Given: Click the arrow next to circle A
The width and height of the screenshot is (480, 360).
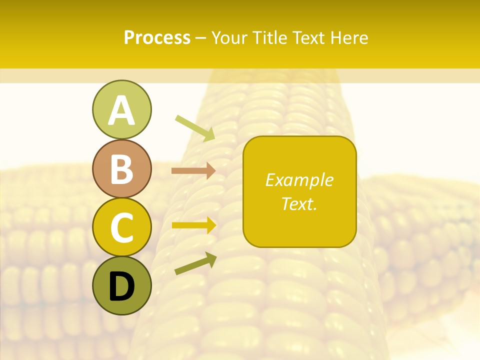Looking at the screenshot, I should click(x=195, y=128).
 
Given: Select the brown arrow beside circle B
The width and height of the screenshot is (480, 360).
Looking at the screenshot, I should click(x=193, y=171).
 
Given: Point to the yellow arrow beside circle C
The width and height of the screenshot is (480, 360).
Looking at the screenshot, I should click(x=193, y=225).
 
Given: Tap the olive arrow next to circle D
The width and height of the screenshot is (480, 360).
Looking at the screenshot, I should click(x=195, y=264).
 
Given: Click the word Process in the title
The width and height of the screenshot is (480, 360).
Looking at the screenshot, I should click(x=157, y=37).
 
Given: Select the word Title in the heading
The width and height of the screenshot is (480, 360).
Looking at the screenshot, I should click(x=270, y=37).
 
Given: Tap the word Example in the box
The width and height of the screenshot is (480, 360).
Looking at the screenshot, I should click(x=299, y=180).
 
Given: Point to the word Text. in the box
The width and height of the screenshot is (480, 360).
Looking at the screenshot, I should click(x=299, y=203).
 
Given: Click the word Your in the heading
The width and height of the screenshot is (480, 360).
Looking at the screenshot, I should click(x=230, y=37).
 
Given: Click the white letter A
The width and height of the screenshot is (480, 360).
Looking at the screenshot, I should click(x=121, y=111).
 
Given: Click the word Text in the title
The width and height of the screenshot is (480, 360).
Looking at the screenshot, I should click(x=309, y=37).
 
